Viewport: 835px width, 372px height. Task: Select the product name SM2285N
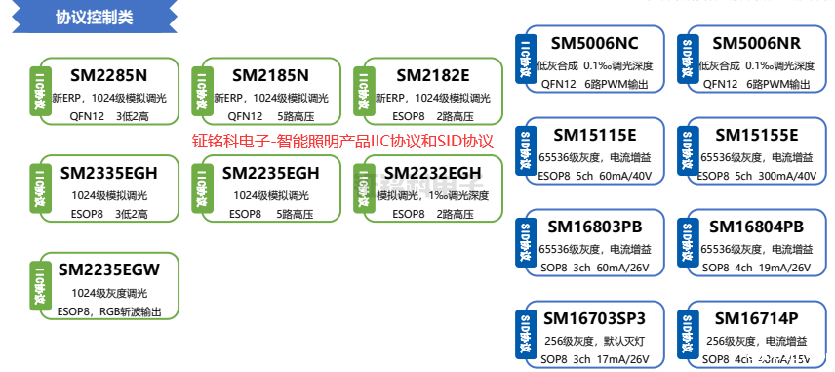tap(108, 75)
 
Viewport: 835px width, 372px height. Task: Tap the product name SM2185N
tap(270, 75)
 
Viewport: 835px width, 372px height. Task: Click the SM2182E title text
tap(433, 75)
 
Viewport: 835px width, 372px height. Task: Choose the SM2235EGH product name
tap(270, 173)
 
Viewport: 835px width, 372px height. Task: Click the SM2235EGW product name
tap(108, 269)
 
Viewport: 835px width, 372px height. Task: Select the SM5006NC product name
tap(594, 43)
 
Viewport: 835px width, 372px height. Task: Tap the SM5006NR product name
tap(756, 43)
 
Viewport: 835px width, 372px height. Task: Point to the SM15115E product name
tap(594, 134)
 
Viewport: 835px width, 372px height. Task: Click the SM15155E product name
tap(756, 134)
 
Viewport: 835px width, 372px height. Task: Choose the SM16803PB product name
tap(595, 227)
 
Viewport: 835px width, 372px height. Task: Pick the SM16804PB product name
tap(757, 227)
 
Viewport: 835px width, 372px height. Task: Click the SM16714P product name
tap(756, 318)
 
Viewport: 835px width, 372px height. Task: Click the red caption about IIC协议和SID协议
tap(343, 141)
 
